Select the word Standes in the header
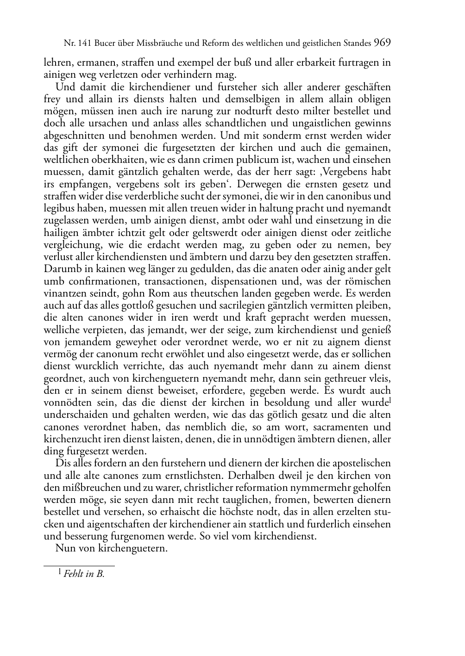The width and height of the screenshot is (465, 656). (356, 44)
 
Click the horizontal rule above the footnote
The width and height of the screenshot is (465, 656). (79, 565)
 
